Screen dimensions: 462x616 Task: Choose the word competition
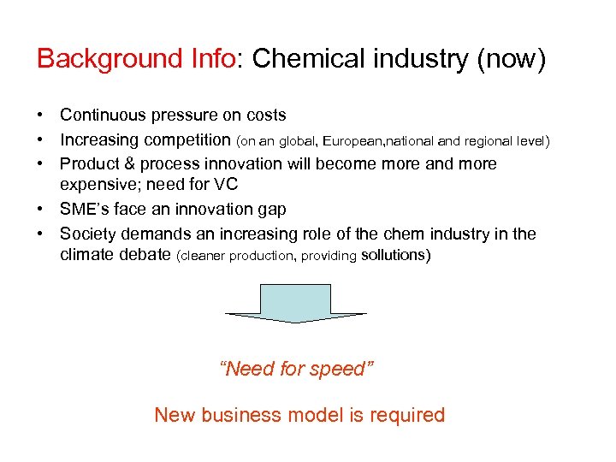187,139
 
